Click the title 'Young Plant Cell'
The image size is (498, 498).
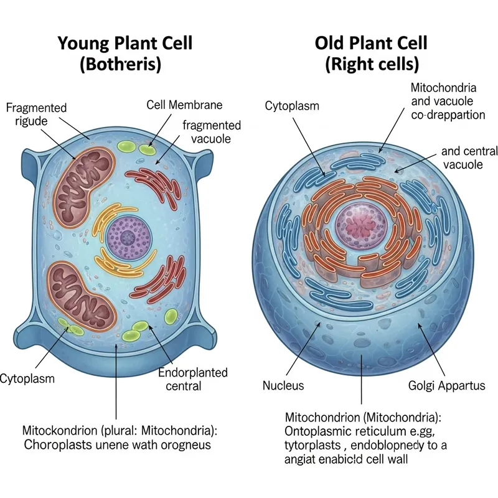[x=125, y=44]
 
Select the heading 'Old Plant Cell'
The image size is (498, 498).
[x=371, y=44]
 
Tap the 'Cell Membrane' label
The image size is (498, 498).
[x=184, y=105]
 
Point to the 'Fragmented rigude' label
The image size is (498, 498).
[x=35, y=114]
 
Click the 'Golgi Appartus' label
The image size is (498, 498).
[x=446, y=385]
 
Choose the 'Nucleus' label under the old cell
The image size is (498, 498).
[x=283, y=385]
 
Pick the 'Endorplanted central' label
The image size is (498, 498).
[x=192, y=379]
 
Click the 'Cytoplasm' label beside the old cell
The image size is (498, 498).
[x=292, y=105]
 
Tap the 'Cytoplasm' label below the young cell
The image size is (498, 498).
[x=27, y=378]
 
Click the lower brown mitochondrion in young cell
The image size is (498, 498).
[x=82, y=293]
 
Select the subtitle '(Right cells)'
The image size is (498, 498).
[x=372, y=64]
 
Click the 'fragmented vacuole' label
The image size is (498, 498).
[x=211, y=133]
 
